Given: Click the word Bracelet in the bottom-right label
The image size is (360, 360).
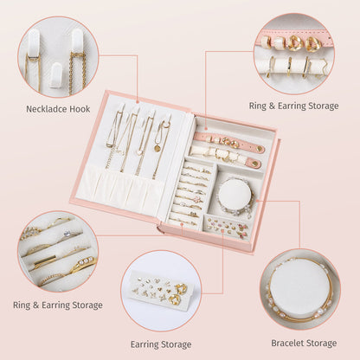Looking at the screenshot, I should click(x=282, y=342).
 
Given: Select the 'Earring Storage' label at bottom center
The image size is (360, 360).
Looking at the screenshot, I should click(x=161, y=344).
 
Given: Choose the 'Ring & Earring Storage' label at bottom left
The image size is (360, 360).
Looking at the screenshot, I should click(x=58, y=305).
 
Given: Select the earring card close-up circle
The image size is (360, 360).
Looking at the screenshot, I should click(x=161, y=291).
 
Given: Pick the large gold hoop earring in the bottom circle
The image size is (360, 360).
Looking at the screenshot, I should click(x=177, y=298).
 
